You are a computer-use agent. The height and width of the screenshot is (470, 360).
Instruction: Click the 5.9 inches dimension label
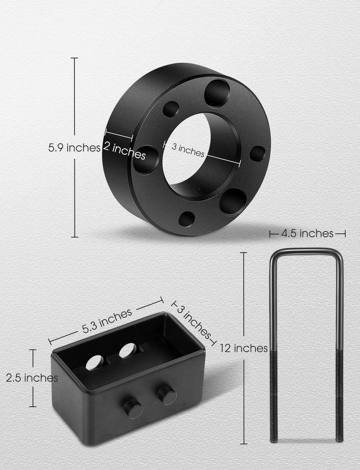(74, 147)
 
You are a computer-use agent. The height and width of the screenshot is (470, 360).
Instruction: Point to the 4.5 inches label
(307, 233)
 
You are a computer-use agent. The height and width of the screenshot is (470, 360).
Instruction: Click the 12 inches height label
(244, 348)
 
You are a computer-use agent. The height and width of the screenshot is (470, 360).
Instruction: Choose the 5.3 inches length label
(107, 321)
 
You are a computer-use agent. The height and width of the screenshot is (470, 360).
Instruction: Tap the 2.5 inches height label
(32, 378)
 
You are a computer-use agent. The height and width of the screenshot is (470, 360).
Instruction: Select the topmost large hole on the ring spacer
(217, 93)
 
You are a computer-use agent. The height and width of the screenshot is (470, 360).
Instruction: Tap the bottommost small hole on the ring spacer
(186, 219)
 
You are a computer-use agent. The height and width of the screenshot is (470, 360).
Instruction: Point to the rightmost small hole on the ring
(257, 154)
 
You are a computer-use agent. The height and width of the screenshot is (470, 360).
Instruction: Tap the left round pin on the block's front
(133, 408)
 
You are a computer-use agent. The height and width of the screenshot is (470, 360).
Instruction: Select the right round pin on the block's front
(167, 395)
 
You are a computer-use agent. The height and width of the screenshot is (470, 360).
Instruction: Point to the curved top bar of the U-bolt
(306, 251)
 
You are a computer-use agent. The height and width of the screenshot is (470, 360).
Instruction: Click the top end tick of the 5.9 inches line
(74, 58)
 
